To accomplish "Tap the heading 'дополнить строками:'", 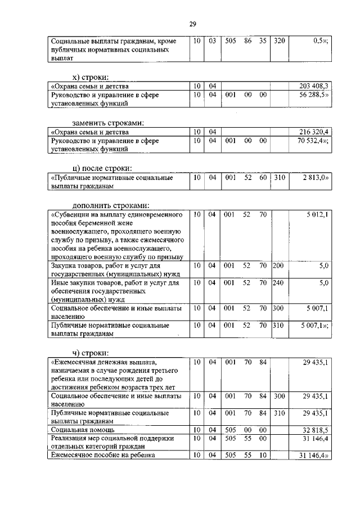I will click(111, 205).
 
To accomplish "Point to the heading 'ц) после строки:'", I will click(102, 168).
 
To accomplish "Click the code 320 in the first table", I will click(278, 40).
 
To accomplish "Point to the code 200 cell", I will click(278, 265).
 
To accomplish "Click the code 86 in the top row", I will click(246, 40).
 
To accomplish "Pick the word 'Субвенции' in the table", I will click(72, 214).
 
